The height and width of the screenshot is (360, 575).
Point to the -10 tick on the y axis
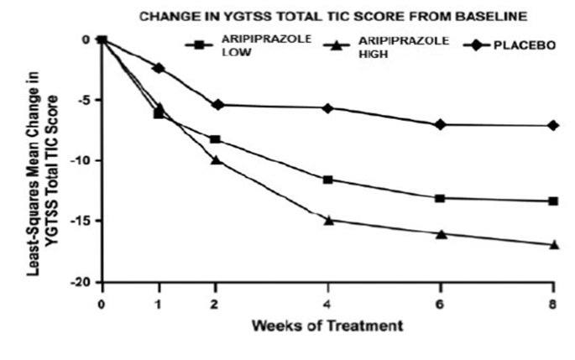click(x=86, y=160)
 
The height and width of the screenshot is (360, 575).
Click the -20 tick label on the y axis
click(x=86, y=282)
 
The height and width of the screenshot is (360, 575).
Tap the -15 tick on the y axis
click(x=86, y=222)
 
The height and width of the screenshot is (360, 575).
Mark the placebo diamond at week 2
click(x=215, y=105)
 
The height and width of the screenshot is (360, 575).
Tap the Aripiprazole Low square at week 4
click(x=327, y=180)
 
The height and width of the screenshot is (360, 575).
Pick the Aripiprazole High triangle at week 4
click(x=327, y=220)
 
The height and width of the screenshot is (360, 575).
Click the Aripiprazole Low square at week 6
click(x=440, y=198)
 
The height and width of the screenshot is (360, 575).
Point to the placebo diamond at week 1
click(x=159, y=68)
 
